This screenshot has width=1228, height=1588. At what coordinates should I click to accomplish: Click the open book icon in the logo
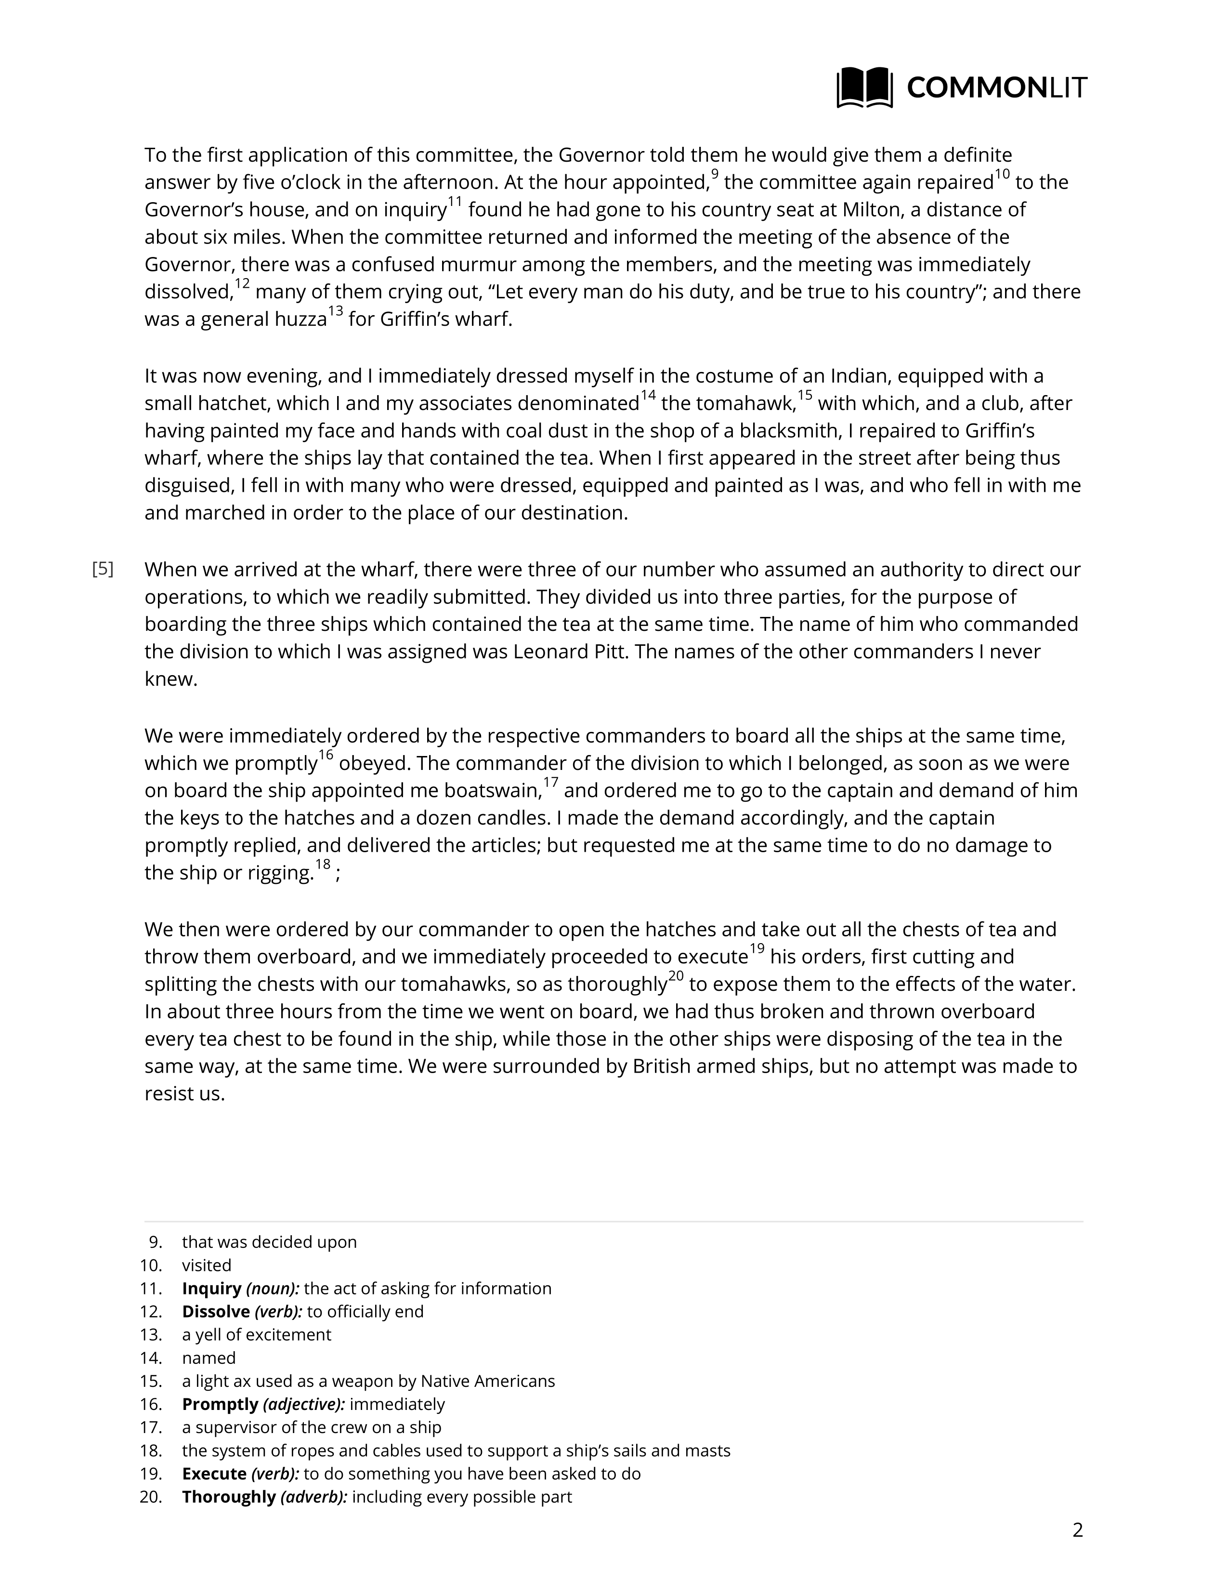864,87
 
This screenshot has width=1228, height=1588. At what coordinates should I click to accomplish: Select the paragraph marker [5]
103,569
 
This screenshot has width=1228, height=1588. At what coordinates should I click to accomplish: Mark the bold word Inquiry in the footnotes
211,1288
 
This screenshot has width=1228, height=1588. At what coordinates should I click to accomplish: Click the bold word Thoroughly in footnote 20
228,1497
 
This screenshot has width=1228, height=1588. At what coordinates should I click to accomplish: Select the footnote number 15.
151,1381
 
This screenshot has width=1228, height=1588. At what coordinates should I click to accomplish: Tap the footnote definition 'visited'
207,1265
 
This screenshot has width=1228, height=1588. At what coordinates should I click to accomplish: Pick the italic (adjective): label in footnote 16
303,1404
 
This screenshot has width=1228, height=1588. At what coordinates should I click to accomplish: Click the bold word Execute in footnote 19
214,1474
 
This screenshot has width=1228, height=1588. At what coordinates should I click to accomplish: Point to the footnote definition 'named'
209,1358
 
